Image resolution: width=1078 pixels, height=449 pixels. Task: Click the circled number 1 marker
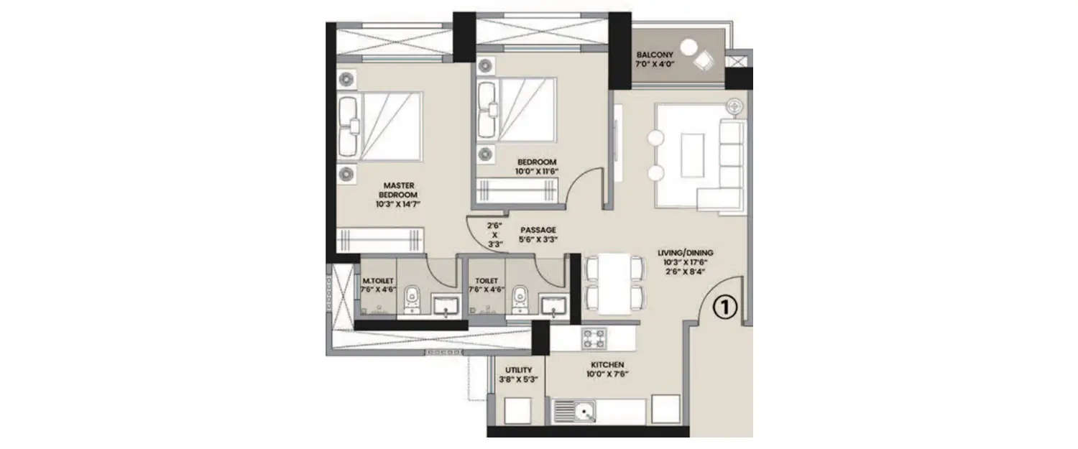[725, 307]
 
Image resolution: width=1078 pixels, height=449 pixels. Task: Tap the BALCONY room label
[653, 55]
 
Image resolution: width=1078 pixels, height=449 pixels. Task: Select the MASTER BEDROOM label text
[397, 189]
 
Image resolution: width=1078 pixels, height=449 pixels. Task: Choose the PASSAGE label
[538, 231]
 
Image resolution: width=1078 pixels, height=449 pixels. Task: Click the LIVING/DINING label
[685, 253]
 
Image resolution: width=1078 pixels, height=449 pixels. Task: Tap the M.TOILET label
[377, 281]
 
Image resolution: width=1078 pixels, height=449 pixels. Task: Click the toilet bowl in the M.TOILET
[412, 299]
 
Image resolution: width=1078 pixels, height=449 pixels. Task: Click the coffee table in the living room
[692, 154]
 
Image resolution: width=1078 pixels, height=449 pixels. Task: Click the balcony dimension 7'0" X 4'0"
[653, 65]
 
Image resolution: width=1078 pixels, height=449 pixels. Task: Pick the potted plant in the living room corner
[733, 106]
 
